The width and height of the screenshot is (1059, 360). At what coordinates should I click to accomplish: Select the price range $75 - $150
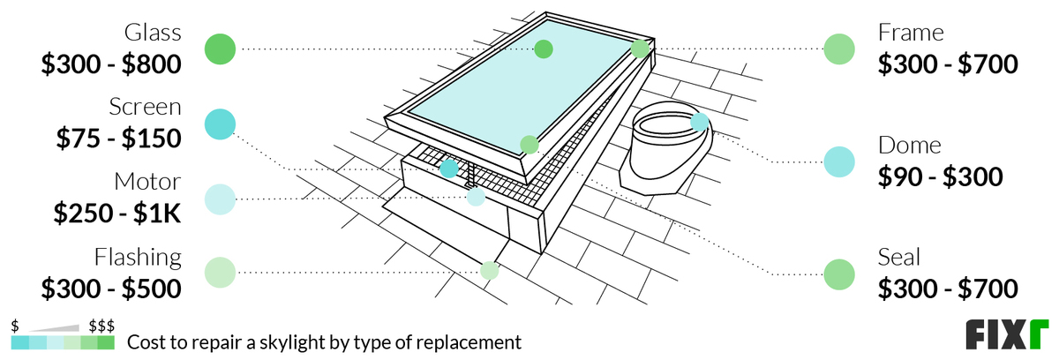(118, 139)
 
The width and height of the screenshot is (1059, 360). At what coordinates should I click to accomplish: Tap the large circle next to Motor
(220, 199)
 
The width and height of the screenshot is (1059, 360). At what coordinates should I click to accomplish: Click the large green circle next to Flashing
(220, 273)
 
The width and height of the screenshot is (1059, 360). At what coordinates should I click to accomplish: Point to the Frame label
(911, 34)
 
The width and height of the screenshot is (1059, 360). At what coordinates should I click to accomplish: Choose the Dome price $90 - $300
(941, 176)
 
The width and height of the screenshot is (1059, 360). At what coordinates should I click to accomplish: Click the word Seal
(899, 257)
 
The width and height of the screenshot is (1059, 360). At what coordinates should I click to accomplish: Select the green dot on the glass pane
(544, 49)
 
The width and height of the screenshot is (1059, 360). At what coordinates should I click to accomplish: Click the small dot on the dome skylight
(700, 122)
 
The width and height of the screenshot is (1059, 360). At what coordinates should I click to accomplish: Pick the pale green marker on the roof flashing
(490, 271)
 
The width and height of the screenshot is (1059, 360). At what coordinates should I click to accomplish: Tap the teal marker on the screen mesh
(449, 168)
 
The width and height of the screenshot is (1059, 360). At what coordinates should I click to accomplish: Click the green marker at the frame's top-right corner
(640, 49)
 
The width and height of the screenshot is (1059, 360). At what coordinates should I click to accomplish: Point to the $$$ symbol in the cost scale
(101, 326)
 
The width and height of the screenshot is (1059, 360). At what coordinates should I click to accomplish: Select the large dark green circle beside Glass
(220, 49)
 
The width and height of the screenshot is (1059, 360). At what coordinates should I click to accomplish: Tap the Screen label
(145, 108)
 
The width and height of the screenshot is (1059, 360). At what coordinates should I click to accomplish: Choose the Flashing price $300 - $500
(111, 288)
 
